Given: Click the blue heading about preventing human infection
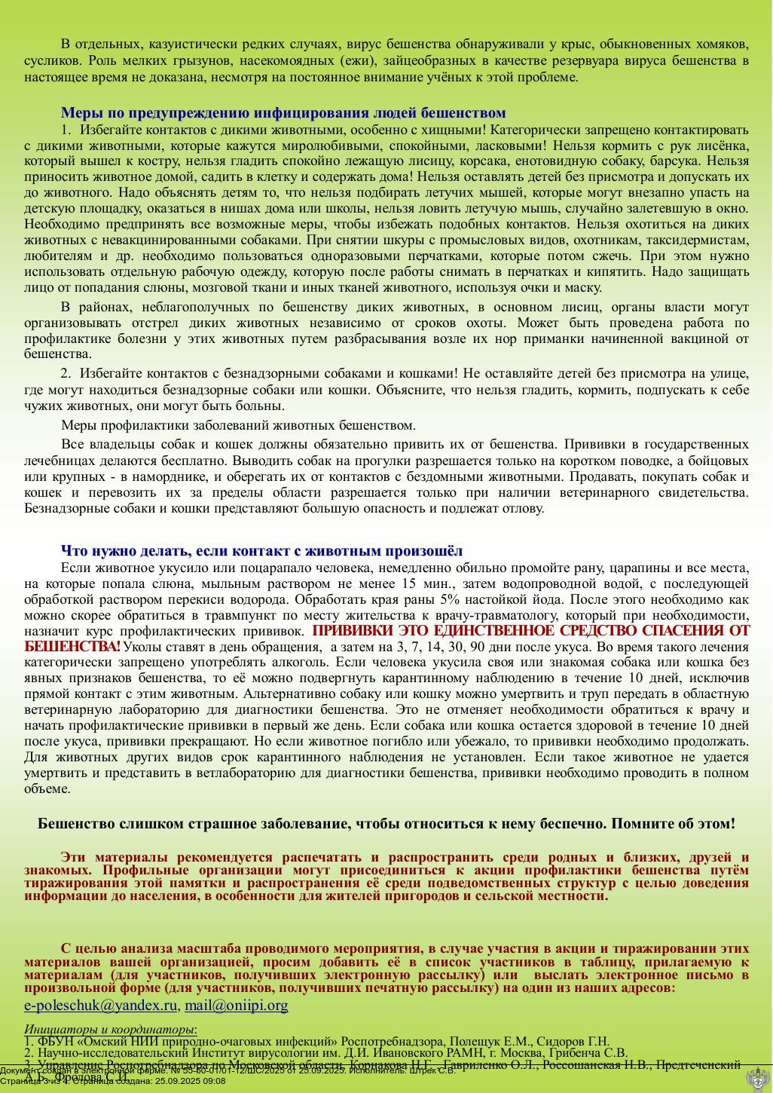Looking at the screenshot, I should (x=283, y=113).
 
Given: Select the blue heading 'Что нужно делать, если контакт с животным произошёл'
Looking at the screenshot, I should (x=261, y=551).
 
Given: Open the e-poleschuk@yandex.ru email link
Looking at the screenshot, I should (x=101, y=1005).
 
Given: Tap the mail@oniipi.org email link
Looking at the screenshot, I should (x=236, y=1005).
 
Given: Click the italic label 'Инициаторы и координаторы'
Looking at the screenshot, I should (x=109, y=1030).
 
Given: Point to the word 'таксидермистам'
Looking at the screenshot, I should (x=701, y=240).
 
